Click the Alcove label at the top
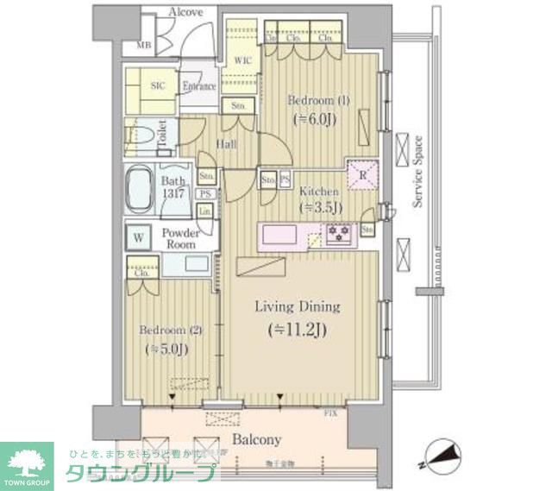(185, 12)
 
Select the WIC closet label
(243, 61)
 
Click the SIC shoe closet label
(158, 85)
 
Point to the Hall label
(227, 144)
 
